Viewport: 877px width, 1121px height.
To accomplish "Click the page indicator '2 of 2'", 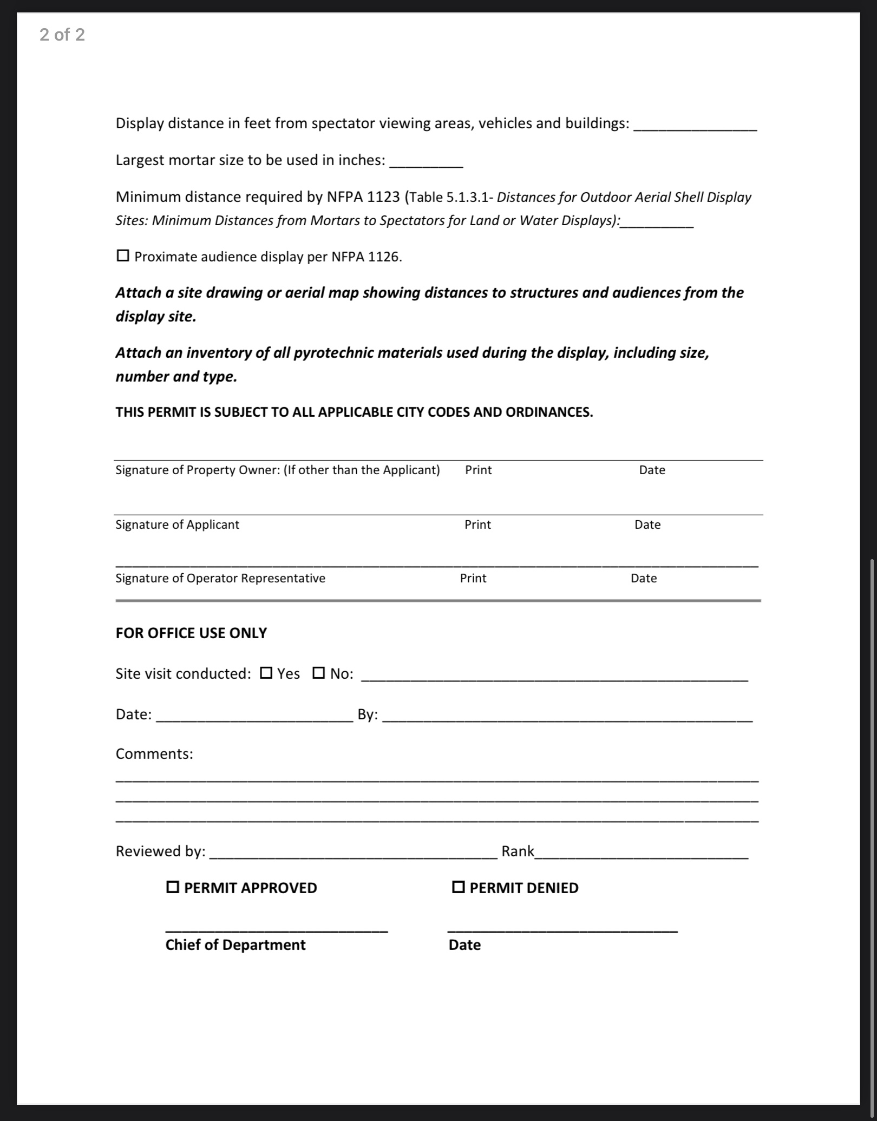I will (62, 35).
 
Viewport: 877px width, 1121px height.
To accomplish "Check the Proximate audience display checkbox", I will (123, 255).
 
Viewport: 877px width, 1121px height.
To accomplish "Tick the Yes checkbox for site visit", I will (266, 673).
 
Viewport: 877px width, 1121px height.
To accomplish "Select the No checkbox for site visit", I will (319, 673).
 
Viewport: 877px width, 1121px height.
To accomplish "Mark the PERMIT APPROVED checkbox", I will (173, 887).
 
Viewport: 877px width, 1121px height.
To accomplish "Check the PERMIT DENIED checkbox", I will (458, 887).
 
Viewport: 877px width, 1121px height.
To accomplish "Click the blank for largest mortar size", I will (426, 162).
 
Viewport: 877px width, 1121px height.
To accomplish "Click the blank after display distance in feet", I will (695, 125).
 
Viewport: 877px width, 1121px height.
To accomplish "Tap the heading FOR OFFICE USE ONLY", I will (191, 633).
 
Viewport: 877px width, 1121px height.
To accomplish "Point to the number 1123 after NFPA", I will (383, 197).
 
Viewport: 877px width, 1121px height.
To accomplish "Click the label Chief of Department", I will (235, 945).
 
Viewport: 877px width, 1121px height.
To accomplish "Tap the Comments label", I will (154, 754).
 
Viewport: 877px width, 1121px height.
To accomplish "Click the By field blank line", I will (567, 716).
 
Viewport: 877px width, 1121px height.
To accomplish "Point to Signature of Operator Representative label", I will (220, 579).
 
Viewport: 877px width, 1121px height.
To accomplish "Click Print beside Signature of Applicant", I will (477, 525).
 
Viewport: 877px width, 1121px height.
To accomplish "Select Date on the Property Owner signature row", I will (652, 470).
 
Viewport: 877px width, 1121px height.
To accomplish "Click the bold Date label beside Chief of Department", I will (464, 945).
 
